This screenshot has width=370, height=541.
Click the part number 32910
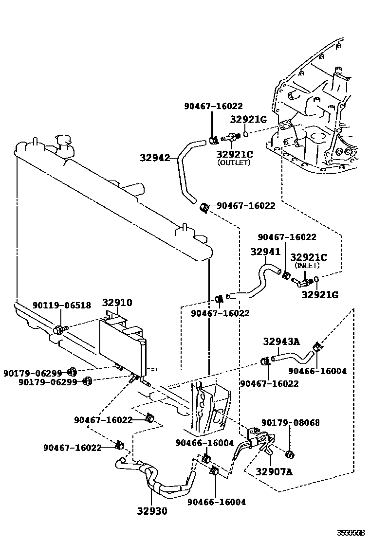pyautogui.click(x=117, y=303)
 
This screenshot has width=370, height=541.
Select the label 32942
pyautogui.click(x=155, y=158)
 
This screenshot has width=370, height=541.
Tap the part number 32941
pyautogui.click(x=265, y=252)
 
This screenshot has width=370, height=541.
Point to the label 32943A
pyautogui.click(x=282, y=342)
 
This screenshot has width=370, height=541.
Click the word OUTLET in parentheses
pyautogui.click(x=234, y=162)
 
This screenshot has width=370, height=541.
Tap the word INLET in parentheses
pyautogui.click(x=308, y=266)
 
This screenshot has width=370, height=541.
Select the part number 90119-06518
pyautogui.click(x=62, y=306)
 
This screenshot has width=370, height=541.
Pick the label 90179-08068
pyautogui.click(x=291, y=423)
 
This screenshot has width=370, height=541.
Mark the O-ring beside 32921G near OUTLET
pyautogui.click(x=247, y=133)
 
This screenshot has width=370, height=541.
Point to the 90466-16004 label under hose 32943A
pyautogui.click(x=317, y=371)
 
